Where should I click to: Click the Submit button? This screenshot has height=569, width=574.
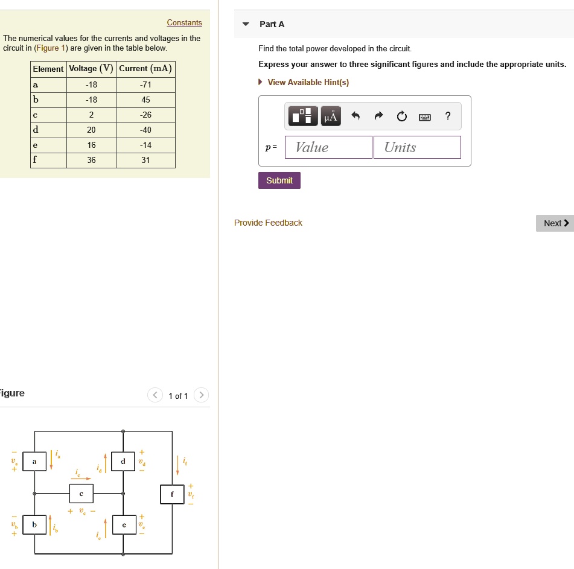[x=279, y=180]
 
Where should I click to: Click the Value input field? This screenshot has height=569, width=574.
[x=328, y=147]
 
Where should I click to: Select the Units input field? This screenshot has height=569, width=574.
[x=417, y=147]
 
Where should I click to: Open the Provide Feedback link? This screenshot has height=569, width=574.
[x=268, y=223]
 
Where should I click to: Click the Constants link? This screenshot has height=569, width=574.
[x=184, y=23]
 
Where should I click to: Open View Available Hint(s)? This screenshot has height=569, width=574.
[x=308, y=82]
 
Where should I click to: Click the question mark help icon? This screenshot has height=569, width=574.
[x=447, y=116]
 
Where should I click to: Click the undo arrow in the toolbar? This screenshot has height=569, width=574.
[x=356, y=116]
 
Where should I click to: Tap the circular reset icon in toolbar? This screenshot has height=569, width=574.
[x=402, y=116]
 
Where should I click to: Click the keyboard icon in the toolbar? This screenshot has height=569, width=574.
[x=425, y=116]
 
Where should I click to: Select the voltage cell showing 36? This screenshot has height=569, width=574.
[x=91, y=161]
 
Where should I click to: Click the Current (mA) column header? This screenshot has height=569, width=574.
[x=145, y=69]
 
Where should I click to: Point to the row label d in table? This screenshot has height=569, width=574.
[x=36, y=130]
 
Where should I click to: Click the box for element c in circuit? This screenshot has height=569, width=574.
[x=81, y=494]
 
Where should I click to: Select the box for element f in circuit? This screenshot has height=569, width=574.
[x=171, y=494]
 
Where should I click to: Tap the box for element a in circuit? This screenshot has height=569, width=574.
[x=34, y=462]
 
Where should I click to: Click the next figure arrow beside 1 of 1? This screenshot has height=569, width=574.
[x=202, y=396]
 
